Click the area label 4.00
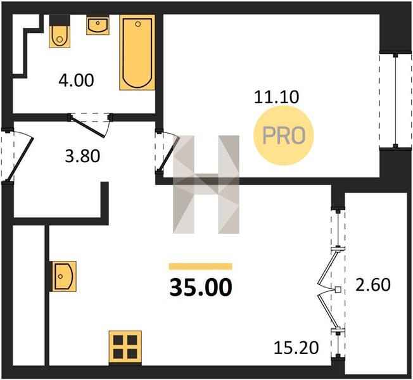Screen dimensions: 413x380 77,80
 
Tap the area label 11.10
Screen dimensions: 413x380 276,97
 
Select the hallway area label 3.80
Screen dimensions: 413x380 82,156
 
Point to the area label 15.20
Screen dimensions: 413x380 296,348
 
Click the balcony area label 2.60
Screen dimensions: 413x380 373,285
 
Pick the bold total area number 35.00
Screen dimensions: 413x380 201,288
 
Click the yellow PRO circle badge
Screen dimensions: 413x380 284,136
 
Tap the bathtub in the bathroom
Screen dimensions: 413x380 137,53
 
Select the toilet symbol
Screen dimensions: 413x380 60,32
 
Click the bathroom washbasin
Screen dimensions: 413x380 98,25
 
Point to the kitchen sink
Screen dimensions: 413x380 63,276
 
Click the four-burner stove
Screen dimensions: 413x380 125,348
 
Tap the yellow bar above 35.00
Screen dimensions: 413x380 200,266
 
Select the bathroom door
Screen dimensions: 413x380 88,127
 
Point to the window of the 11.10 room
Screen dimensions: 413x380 395,101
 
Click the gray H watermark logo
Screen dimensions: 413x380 206,184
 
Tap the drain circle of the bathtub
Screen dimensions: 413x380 137,24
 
